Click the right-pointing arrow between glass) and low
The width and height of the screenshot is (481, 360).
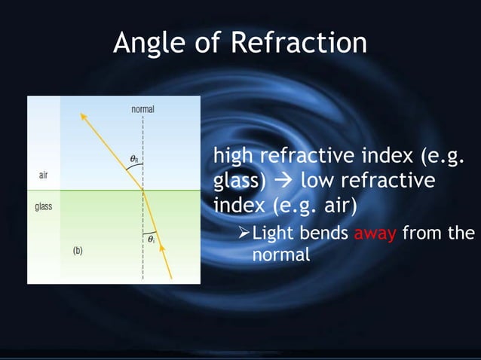286,182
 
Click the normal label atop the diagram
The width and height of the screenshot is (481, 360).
142,109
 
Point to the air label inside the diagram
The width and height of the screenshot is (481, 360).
45,175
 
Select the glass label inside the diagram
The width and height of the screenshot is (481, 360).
44,206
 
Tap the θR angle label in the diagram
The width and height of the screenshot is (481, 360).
133,159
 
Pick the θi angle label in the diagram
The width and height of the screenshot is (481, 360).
151,239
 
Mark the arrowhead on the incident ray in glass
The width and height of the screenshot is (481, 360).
161,248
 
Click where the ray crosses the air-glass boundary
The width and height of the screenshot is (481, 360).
142,191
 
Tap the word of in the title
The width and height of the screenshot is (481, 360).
207,43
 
